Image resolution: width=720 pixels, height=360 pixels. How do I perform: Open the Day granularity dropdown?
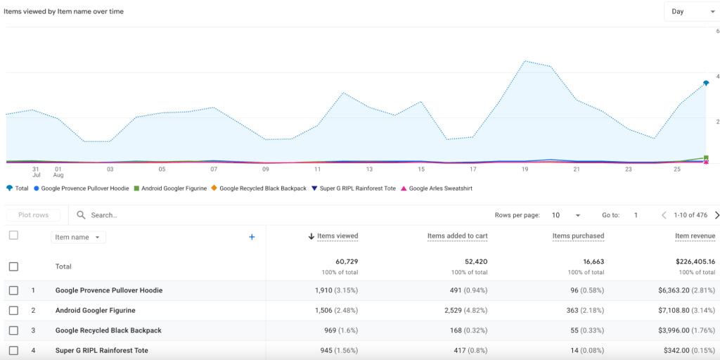pyautogui.click(x=691, y=11)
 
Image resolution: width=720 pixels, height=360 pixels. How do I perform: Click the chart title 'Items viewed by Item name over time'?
pyautogui.click(x=64, y=11)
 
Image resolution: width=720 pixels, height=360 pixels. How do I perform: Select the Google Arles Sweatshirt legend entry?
pyautogui.click(x=441, y=188)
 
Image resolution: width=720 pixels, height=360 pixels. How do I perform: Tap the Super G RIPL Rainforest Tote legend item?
pyautogui.click(x=357, y=188)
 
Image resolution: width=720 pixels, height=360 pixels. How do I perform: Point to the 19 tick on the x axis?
pyautogui.click(x=525, y=169)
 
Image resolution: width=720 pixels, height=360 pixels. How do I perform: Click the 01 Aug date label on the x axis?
pyautogui.click(x=58, y=172)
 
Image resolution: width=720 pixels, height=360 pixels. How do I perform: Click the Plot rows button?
pyautogui.click(x=33, y=215)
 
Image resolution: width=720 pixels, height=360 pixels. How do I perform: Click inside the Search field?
pyautogui.click(x=141, y=215)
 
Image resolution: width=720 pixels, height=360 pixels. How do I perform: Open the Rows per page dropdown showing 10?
pyautogui.click(x=566, y=215)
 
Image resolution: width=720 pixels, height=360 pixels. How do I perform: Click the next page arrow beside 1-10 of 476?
pyautogui.click(x=716, y=215)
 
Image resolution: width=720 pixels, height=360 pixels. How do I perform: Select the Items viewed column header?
pyautogui.click(x=337, y=236)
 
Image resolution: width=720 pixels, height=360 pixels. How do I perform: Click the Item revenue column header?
pyautogui.click(x=695, y=236)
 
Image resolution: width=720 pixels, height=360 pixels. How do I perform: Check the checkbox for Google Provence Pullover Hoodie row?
pyautogui.click(x=13, y=290)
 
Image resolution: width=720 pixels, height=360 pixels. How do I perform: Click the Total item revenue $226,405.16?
pyautogui.click(x=695, y=262)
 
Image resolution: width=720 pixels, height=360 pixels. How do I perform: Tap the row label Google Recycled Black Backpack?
pyautogui.click(x=108, y=330)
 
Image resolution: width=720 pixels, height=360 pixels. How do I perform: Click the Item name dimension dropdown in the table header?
pyautogui.click(x=78, y=238)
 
